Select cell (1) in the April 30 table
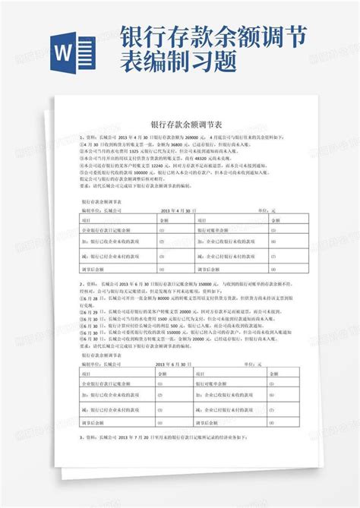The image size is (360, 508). pyautogui.click(x=161, y=229)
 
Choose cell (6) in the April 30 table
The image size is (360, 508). pyautogui.click(x=271, y=242)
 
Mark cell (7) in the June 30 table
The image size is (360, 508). pyautogui.click(x=271, y=405)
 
